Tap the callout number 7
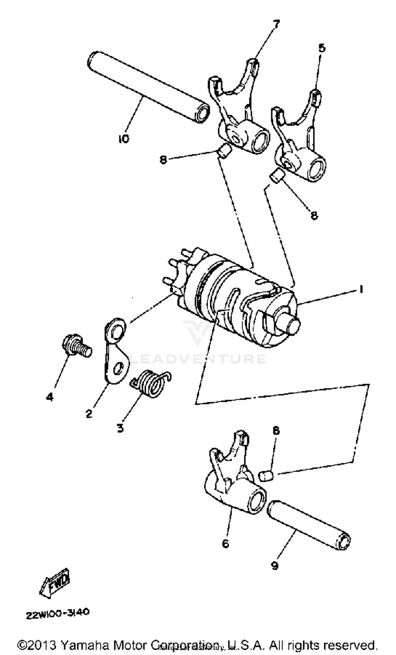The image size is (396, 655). point(276,25)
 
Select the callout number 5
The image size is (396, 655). point(322,48)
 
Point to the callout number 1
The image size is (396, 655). point(361,289)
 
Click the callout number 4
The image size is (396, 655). point(50,397)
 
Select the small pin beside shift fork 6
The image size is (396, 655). point(266,475)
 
